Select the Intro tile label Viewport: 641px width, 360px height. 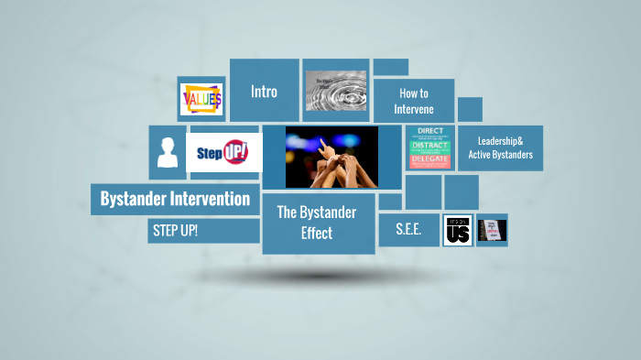264,92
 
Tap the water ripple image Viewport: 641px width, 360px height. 335,90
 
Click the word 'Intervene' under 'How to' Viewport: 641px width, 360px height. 413,109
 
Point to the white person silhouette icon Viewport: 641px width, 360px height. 167,152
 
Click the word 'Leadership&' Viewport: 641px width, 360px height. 500,141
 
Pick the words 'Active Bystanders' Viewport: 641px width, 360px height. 500,155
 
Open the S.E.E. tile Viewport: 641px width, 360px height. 408,230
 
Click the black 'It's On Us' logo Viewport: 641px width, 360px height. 458,230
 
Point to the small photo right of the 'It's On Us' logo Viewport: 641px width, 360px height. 492,230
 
